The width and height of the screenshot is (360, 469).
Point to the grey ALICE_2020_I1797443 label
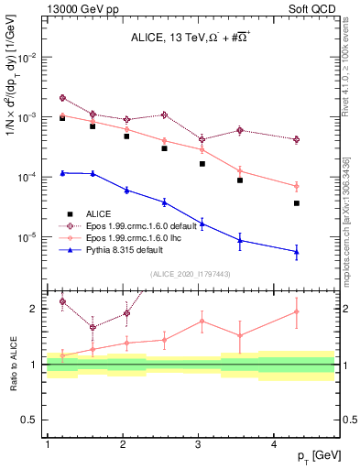191,274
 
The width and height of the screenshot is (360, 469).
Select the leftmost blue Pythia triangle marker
62,172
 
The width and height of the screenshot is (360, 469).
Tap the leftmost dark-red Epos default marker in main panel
62,98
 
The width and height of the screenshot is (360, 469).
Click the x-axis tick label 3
200,445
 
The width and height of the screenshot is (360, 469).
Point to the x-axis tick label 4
275,445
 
